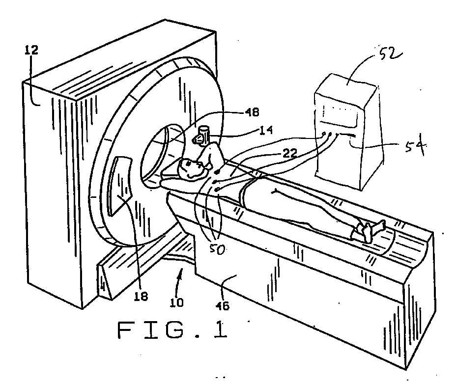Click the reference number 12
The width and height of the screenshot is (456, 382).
click(x=32, y=50)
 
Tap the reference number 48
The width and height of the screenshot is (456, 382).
click(x=252, y=112)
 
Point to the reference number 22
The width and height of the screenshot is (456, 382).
click(x=289, y=153)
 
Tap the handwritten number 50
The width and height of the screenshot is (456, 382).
click(x=218, y=249)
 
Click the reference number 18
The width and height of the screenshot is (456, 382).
click(x=141, y=296)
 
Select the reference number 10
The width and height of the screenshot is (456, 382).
click(x=176, y=302)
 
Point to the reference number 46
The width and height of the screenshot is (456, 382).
click(x=223, y=305)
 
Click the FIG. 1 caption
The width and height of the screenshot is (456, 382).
click(x=172, y=330)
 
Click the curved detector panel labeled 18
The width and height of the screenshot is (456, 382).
click(x=120, y=186)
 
